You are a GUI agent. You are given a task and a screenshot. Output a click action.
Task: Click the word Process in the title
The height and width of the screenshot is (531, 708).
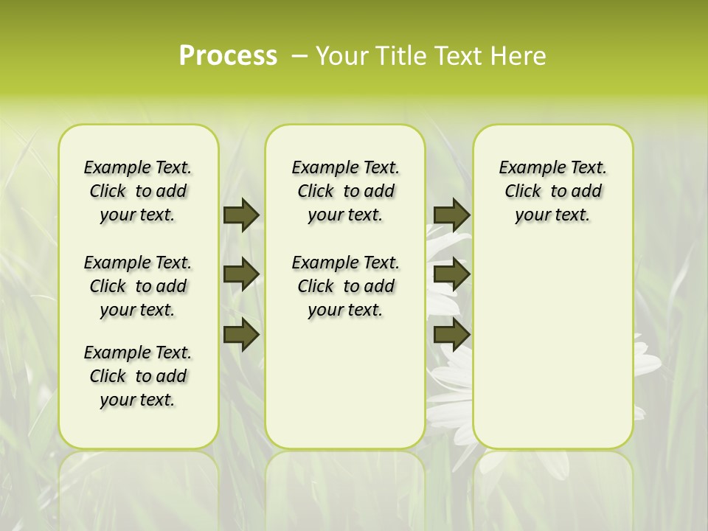pos(228,56)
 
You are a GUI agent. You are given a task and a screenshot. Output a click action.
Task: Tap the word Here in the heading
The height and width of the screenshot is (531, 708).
pos(521,56)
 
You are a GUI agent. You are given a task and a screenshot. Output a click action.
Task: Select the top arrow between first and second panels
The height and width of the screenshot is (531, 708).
pos(241,215)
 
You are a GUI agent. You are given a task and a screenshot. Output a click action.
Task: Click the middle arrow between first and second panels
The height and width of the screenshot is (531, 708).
pos(241,274)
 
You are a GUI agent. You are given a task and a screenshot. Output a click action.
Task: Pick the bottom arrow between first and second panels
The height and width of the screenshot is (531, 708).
pos(241,334)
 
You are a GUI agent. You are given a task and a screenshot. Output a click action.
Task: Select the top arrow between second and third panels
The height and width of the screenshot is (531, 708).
pos(451,215)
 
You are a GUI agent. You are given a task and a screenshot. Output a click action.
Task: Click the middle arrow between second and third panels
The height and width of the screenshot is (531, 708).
pos(451,274)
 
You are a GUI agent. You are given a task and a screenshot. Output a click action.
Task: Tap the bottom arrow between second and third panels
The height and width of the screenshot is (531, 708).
pos(451,334)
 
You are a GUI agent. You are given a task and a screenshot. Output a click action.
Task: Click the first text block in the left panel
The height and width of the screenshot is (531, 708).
pos(138,191)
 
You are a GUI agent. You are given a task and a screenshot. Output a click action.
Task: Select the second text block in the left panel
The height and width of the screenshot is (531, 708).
pos(138,286)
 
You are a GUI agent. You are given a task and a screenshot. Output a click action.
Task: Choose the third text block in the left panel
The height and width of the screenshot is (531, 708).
pos(138,376)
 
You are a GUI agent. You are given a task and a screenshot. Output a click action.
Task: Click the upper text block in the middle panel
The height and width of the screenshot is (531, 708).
pos(345,191)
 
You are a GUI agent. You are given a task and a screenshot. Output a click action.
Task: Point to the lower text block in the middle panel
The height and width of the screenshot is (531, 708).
pos(345,286)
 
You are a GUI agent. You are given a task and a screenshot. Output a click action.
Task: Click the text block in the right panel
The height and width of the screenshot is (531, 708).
pos(552,191)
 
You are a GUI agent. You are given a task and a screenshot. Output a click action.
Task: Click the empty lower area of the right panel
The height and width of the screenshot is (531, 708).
pos(552,339)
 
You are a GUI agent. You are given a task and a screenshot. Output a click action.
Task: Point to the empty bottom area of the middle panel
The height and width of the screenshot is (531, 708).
pos(345,391)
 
